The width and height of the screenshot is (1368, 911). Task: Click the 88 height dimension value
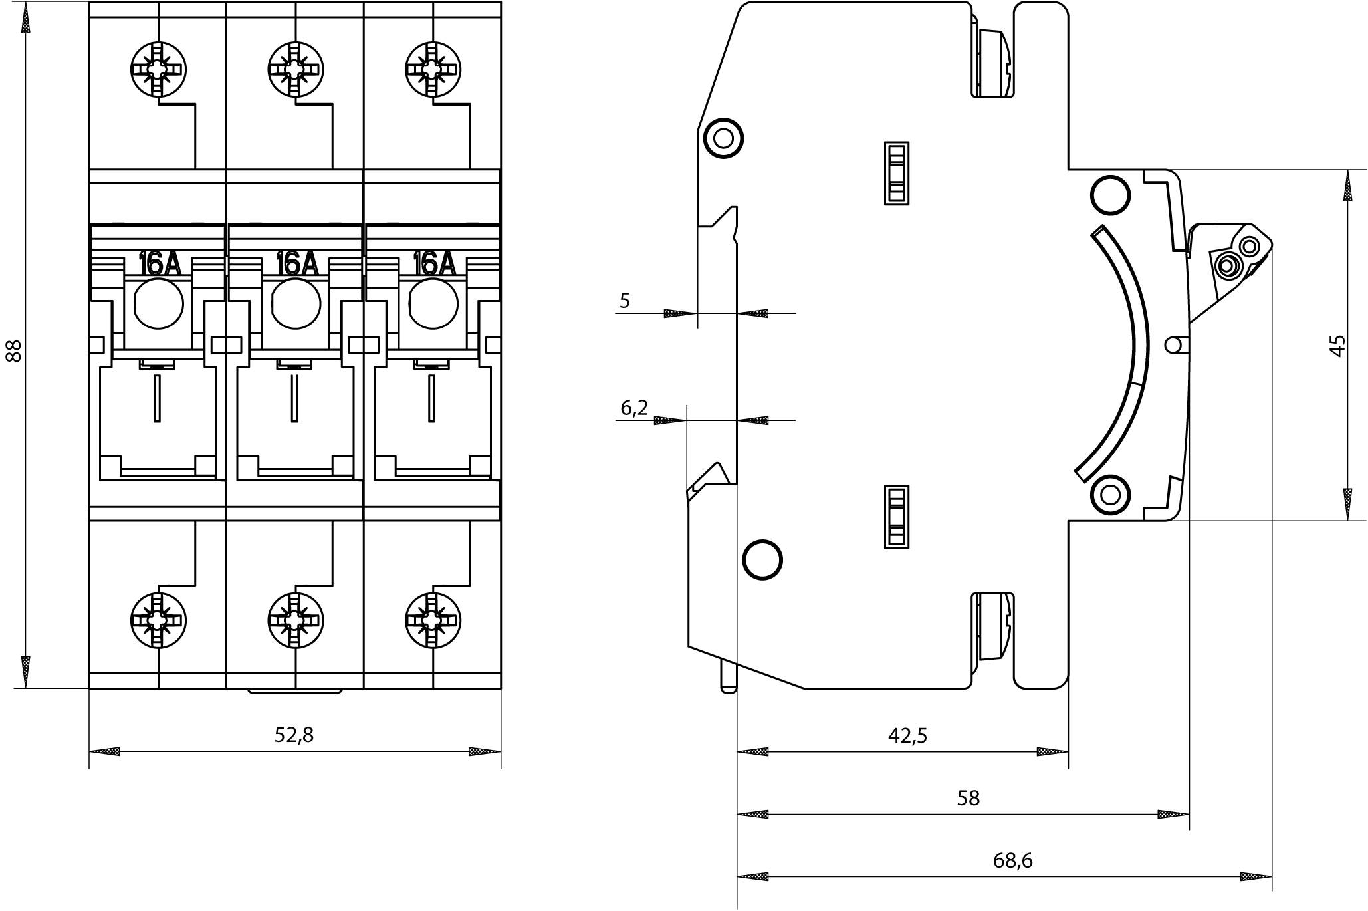coord(13,350)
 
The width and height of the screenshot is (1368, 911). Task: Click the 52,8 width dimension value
coord(294,735)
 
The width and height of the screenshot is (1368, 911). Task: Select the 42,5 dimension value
coord(907,735)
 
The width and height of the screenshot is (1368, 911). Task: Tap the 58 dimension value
coord(969,798)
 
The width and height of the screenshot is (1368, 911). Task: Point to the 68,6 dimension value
coord(1013,860)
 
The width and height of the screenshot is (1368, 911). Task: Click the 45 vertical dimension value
coord(1337,345)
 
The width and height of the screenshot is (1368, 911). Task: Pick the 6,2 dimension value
coord(634,408)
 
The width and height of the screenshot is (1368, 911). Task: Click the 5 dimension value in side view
coord(625,301)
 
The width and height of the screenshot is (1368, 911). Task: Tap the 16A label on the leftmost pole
coord(159,264)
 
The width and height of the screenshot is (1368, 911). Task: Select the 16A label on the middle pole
coord(296,264)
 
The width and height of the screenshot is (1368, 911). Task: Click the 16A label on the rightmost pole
coord(434,264)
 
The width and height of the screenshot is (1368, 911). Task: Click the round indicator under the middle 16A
coord(296,304)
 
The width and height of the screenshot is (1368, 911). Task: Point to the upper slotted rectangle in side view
coord(896,173)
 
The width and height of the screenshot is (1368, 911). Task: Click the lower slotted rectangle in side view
coord(896,517)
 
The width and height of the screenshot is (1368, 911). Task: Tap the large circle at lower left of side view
coord(762,560)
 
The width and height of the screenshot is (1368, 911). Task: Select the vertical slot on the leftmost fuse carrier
coord(157,398)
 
